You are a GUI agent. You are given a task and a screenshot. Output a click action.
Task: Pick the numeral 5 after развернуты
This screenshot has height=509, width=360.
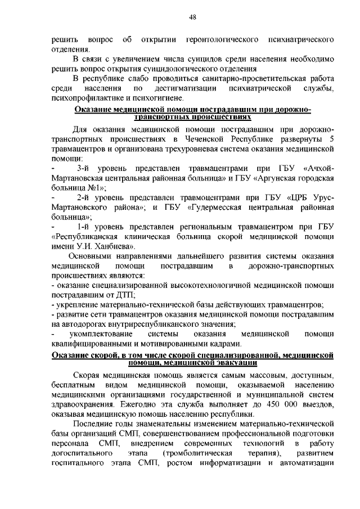click(332, 139)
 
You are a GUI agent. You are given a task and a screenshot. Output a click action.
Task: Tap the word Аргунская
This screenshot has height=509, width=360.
click(276, 178)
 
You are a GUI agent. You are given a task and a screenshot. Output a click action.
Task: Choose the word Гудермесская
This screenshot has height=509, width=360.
click(215, 208)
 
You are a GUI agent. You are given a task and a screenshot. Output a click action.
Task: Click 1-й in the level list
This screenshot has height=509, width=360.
click(86, 227)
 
